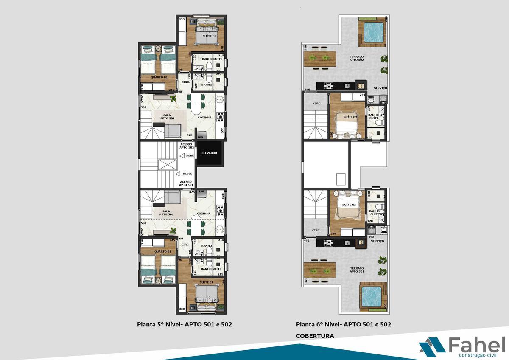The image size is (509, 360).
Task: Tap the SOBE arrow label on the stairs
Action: point(189,156)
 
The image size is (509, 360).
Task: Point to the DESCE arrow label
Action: point(187,174)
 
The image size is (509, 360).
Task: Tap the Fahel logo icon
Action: point(432,345)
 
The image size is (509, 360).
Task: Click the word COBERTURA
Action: point(315,336)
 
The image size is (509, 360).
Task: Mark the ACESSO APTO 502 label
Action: point(186,146)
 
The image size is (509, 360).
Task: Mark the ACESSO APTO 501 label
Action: point(186,183)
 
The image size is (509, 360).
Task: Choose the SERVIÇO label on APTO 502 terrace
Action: point(380,88)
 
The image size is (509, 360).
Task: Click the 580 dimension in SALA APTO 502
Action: point(143,107)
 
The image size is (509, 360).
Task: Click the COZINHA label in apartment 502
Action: point(205,118)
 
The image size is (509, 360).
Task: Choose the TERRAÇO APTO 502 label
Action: point(356,58)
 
